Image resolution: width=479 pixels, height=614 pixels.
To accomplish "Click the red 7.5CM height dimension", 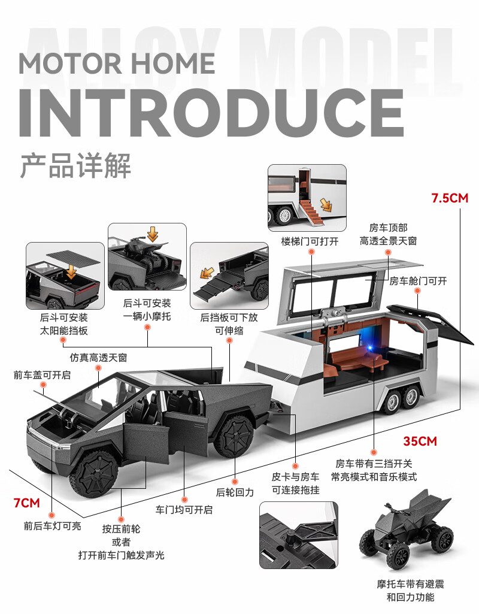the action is coord(450,198).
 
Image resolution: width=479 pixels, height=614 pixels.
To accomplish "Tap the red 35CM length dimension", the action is coord(420,441).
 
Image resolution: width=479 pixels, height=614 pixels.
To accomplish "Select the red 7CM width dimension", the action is coord(27,502).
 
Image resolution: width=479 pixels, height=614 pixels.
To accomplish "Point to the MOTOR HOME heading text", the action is coord(117,63).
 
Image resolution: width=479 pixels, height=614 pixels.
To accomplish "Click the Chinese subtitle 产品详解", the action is coord(75,165).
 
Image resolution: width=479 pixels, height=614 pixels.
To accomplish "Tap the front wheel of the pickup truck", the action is coord(94,476).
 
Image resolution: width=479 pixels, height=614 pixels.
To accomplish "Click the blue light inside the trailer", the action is coord(358,350).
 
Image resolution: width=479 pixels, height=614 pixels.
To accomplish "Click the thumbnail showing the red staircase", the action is coord(307,198).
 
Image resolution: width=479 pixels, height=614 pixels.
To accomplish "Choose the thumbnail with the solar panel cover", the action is coord(65,276).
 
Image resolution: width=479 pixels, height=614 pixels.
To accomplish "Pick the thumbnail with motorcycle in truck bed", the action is coord(147,256).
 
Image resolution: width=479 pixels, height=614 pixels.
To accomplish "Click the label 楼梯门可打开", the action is coord(310,242).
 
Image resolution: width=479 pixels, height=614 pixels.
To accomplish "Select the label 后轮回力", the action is coord(235,492).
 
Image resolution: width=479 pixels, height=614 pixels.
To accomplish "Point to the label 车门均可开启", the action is coord(184,510).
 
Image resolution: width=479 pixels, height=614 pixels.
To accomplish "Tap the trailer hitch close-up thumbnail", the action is coord(298,535).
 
